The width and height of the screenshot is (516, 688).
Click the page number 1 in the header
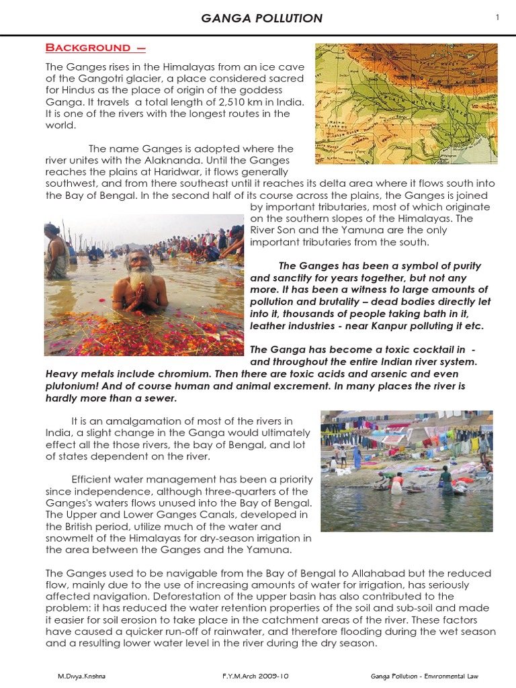(x=498, y=17)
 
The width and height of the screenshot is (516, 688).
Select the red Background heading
(x=95, y=48)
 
